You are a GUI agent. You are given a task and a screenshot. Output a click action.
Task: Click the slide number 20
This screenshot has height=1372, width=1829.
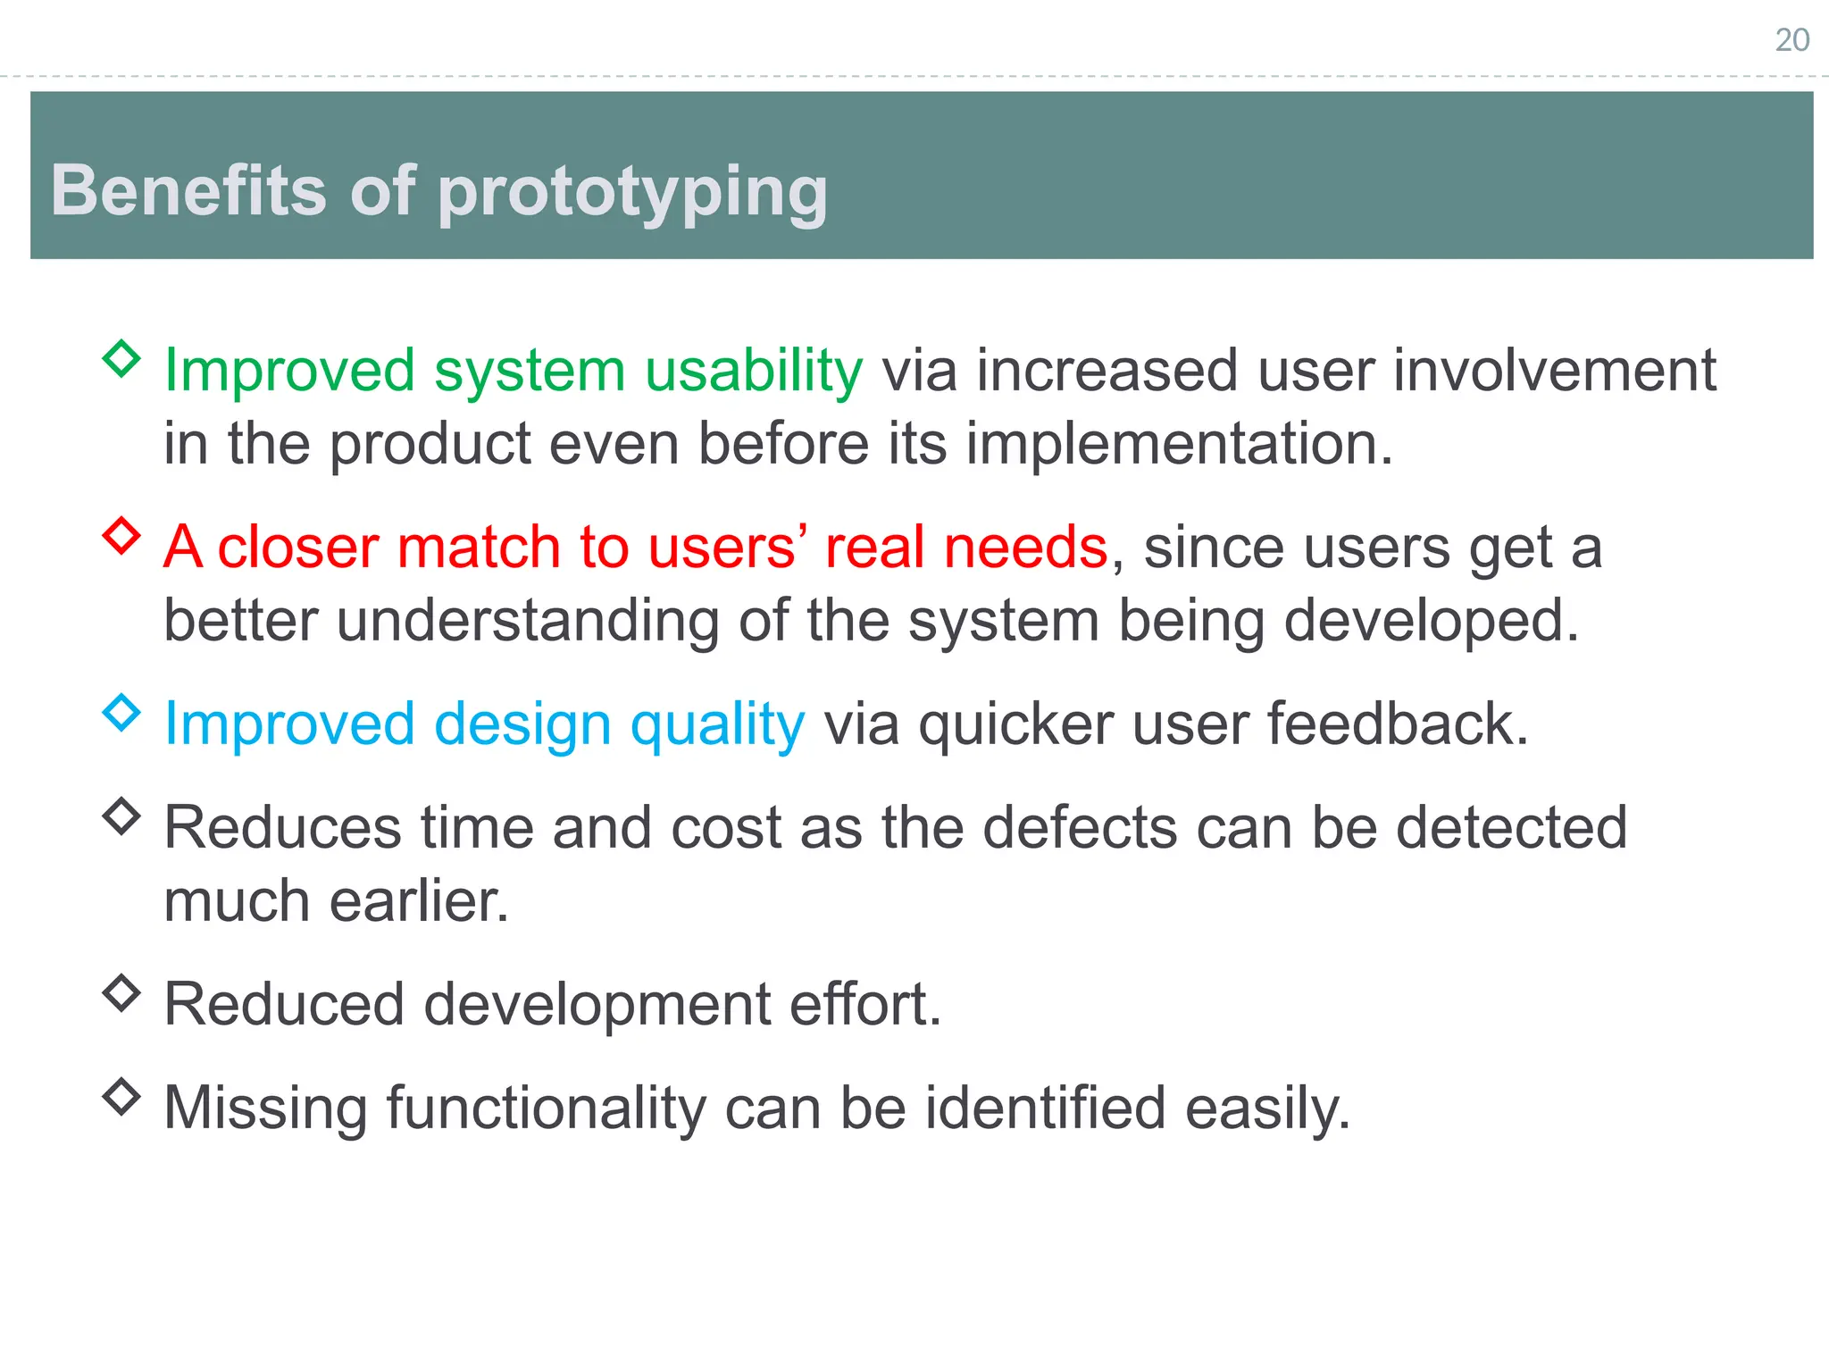(x=1791, y=40)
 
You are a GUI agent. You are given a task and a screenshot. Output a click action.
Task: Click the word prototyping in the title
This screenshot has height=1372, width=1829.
(x=632, y=192)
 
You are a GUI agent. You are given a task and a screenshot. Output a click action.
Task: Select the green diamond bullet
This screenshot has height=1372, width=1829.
(x=121, y=359)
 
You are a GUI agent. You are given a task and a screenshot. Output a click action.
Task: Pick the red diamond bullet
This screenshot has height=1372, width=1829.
(x=121, y=536)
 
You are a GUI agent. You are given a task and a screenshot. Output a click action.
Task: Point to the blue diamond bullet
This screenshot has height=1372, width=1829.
(x=121, y=713)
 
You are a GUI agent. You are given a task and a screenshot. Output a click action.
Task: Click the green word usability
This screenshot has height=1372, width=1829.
(x=753, y=371)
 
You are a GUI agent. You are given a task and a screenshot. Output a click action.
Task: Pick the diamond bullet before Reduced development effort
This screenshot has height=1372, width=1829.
(x=121, y=992)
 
